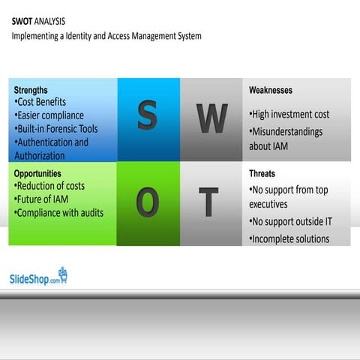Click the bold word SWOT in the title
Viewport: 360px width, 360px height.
point(22,21)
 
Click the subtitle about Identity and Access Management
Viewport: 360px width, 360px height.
point(106,35)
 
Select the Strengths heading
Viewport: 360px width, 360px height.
point(31,89)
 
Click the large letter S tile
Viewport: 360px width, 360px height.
point(148,118)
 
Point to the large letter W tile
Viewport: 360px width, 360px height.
point(211,118)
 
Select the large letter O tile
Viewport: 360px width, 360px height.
point(148,203)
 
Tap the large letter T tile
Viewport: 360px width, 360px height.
point(211,203)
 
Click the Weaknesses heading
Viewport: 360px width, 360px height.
point(271,90)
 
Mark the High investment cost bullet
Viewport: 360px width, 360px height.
point(289,115)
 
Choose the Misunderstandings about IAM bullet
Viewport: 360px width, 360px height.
point(286,139)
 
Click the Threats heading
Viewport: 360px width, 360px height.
point(262,173)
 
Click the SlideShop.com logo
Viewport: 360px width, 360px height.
point(38,277)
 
